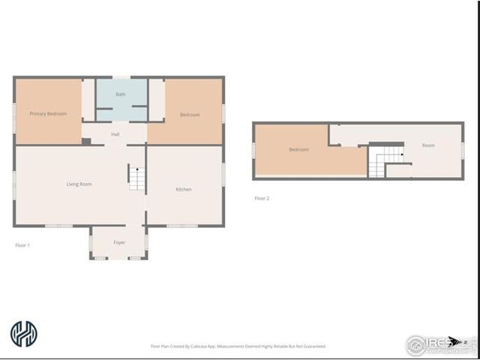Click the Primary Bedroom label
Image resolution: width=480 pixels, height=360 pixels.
coord(48,114)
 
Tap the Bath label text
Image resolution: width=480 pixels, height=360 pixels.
coord(121,94)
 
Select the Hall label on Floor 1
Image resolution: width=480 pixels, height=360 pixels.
coord(115,134)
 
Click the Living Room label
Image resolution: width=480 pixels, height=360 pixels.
coord(79,184)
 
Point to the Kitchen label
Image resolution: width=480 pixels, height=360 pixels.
coord(184,190)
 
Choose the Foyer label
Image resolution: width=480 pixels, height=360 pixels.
coord(119,243)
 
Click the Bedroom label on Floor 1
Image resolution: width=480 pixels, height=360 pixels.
coord(190,115)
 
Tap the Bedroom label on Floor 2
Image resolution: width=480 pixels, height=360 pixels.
coord(298,150)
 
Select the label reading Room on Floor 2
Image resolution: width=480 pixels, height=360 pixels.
coord(428,145)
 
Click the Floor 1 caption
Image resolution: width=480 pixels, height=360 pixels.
coord(22,245)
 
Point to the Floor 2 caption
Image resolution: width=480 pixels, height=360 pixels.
coord(262,199)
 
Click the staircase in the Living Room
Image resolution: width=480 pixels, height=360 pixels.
coord(136,178)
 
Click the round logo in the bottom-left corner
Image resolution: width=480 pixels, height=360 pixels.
coord(23,334)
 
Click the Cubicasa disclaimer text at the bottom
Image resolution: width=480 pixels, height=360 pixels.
coord(238,346)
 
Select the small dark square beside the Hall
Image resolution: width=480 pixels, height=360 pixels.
coord(86,141)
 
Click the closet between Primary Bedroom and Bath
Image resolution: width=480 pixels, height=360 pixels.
coord(88,100)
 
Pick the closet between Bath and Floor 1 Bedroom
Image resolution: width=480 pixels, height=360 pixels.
coord(156,99)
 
